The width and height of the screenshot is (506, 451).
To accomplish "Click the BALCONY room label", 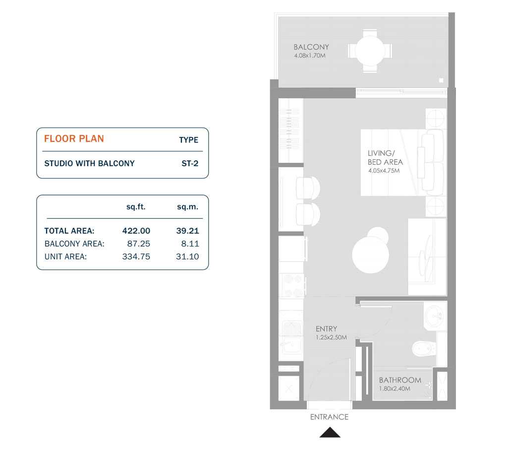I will click(x=311, y=47).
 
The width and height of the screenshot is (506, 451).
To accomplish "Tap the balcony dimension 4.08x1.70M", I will click(x=309, y=56).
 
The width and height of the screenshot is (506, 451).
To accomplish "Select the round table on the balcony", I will click(x=370, y=51).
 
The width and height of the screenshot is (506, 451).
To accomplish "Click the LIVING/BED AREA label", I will click(x=385, y=158).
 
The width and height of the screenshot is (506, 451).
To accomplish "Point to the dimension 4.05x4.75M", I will click(x=384, y=170).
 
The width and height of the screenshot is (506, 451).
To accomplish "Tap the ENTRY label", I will click(x=326, y=328).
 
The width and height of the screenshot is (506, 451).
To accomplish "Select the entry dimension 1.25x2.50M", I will click(x=331, y=337).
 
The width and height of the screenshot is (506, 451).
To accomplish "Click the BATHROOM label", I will click(x=400, y=380).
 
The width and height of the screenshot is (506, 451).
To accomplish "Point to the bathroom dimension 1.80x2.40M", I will click(x=394, y=388).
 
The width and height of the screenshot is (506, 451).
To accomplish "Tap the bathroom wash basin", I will click(x=435, y=315).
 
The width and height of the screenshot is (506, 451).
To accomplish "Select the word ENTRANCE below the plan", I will click(x=329, y=417).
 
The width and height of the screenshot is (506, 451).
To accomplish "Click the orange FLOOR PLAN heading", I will click(x=74, y=138).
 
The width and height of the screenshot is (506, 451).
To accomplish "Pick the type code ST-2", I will click(x=190, y=163).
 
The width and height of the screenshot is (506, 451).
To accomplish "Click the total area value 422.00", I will click(x=136, y=231).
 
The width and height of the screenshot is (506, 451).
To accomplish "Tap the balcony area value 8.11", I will click(x=188, y=244).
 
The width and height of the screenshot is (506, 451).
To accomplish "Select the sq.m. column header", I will click(x=187, y=207).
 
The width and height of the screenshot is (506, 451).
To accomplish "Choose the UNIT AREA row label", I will click(x=65, y=257).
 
